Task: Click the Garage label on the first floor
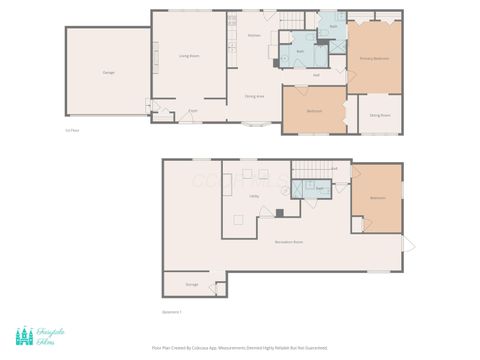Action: coord(107,72)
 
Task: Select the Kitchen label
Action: coord(255,35)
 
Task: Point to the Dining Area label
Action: coord(254,96)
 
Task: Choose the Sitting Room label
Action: coord(379,115)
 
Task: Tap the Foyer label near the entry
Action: coord(190,110)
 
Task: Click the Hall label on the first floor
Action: coord(316,74)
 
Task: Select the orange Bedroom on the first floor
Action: coord(313,110)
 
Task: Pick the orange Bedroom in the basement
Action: coord(377,198)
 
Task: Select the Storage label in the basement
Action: coord(192,284)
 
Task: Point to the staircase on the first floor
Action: coord(289,21)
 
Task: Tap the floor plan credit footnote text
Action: coord(239,348)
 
